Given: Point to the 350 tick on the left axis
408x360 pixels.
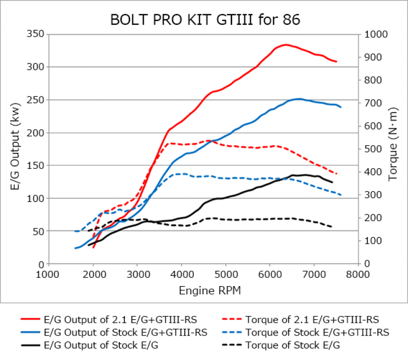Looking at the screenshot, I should (37, 34).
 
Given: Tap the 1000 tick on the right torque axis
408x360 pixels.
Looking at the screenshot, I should (374, 34).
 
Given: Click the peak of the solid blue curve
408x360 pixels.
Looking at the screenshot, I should (299, 99).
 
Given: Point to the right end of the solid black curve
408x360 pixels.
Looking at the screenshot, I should (332, 182).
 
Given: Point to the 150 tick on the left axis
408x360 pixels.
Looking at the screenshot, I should (37, 165).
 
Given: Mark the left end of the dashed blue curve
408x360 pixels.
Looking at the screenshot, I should (75, 231).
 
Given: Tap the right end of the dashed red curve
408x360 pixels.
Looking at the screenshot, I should (337, 174).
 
